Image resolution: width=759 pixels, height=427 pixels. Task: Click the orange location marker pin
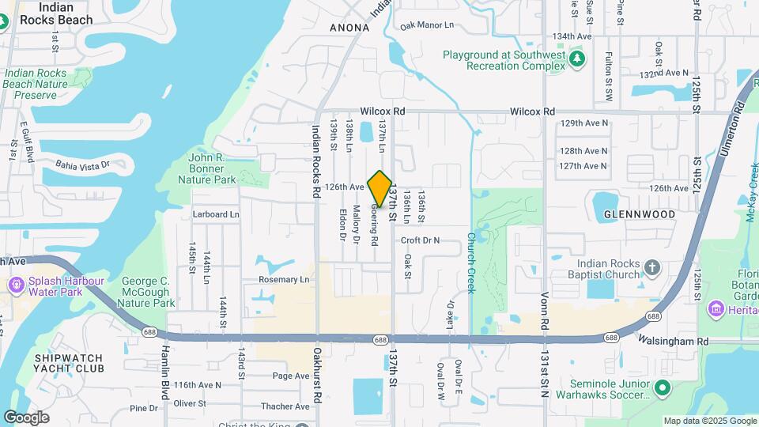(x=380, y=189)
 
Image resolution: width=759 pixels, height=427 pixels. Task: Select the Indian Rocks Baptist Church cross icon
(x=652, y=267)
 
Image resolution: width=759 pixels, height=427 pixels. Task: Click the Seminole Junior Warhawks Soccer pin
(x=663, y=388)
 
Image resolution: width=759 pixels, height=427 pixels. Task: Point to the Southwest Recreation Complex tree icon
(x=577, y=58)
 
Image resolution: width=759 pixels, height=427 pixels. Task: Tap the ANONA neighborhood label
(x=349, y=28)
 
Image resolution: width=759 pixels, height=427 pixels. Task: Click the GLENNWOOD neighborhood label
(x=640, y=214)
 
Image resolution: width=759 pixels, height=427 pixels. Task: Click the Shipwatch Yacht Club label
(x=69, y=363)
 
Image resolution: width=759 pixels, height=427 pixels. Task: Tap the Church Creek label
(x=470, y=263)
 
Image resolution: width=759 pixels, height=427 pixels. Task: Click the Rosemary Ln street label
(x=284, y=279)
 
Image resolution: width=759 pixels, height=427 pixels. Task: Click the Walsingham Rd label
(x=674, y=341)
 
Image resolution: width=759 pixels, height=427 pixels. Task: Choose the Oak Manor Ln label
(x=427, y=25)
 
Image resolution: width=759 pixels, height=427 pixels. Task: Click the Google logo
(x=26, y=418)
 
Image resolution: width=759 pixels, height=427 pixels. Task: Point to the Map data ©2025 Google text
(x=708, y=421)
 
